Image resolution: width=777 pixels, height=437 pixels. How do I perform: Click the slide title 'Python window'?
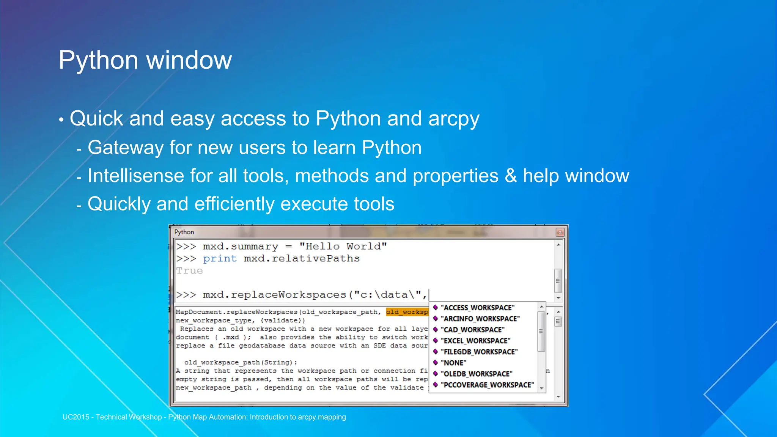(x=145, y=60)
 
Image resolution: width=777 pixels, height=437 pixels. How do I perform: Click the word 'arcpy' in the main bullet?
(x=453, y=119)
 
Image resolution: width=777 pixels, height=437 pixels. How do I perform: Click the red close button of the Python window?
(x=560, y=232)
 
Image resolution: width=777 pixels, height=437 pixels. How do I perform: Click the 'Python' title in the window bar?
(x=184, y=232)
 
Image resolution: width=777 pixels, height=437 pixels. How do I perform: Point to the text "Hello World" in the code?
(x=343, y=247)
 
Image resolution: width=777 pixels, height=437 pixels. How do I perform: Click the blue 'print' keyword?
(x=220, y=259)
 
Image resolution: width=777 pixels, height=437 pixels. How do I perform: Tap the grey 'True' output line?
(x=189, y=271)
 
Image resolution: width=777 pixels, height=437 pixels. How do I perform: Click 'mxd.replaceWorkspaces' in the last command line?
(x=274, y=295)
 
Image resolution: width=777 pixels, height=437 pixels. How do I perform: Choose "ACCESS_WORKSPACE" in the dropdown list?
(x=477, y=308)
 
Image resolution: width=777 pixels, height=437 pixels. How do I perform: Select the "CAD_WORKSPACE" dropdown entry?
(x=472, y=330)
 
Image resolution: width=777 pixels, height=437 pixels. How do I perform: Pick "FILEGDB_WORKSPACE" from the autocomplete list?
(x=479, y=352)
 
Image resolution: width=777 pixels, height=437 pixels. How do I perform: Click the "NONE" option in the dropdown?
(x=453, y=363)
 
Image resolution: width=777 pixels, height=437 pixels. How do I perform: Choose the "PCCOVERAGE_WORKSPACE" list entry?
(x=487, y=385)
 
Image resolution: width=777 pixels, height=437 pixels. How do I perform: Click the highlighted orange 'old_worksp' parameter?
(x=407, y=312)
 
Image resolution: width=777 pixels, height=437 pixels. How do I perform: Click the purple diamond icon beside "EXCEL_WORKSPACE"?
(x=436, y=341)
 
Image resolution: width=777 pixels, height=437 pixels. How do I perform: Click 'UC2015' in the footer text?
(x=75, y=417)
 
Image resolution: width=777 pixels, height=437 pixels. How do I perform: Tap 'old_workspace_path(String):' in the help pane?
(x=241, y=362)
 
